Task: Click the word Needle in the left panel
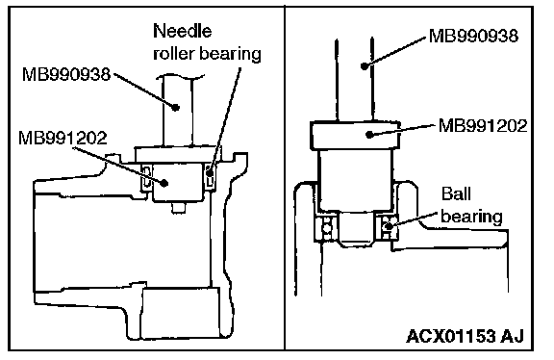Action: click(x=183, y=31)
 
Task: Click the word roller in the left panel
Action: click(x=173, y=53)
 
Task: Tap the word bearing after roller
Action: click(x=231, y=54)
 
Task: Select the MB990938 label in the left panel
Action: click(x=66, y=75)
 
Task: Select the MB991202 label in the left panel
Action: click(x=63, y=138)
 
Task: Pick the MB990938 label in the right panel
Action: click(x=473, y=36)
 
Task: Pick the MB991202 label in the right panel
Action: click(x=483, y=125)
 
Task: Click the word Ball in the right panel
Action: click(x=456, y=193)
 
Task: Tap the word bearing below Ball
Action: click(x=471, y=217)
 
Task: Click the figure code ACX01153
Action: click(x=451, y=336)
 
